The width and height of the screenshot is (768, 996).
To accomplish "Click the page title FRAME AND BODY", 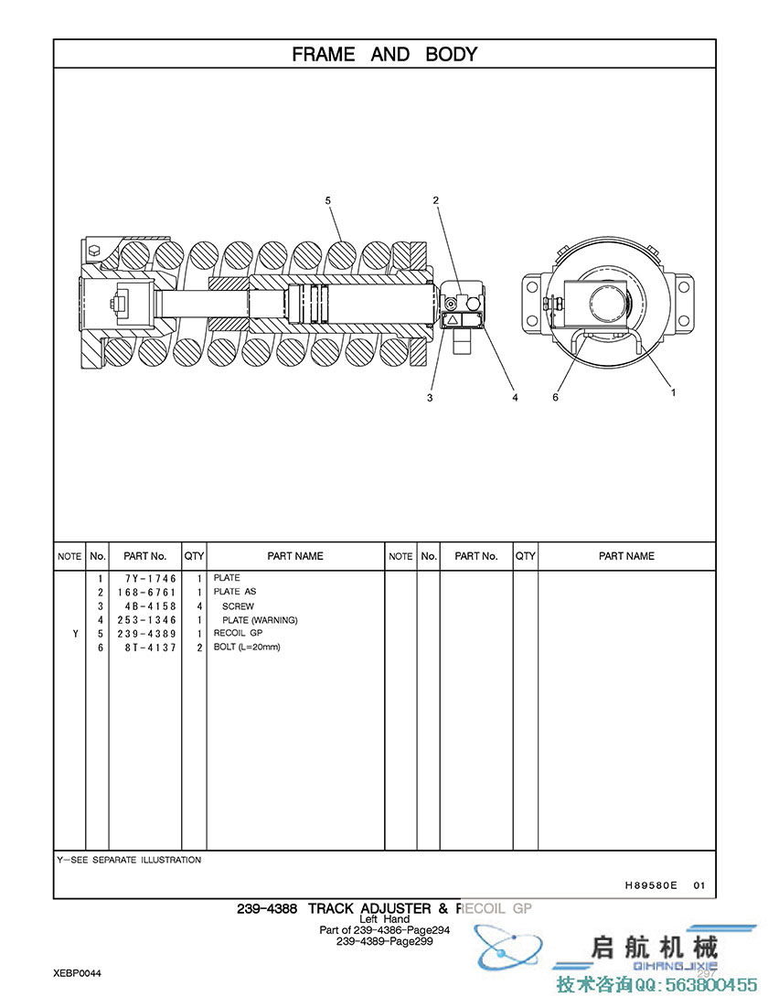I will [x=384, y=54].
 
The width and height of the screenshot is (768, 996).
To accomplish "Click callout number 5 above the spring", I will [x=327, y=199].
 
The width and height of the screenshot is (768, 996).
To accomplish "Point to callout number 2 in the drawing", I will [x=436, y=199].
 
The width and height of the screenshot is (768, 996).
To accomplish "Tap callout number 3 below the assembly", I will [x=430, y=398].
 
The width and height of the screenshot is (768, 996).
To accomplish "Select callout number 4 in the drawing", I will [x=515, y=398].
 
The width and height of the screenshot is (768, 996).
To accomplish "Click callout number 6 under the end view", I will [x=555, y=397].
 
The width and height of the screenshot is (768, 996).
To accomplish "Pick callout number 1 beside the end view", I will [x=674, y=392].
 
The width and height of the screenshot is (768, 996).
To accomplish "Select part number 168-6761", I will [x=146, y=592].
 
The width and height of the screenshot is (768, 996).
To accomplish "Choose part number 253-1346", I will [x=146, y=620].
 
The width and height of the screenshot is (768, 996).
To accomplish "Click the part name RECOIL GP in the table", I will [x=238, y=633].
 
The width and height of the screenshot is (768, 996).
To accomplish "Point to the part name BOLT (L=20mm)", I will [x=247, y=647].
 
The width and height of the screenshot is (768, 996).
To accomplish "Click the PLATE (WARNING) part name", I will [x=260, y=620].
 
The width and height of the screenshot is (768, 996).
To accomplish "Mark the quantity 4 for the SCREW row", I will [x=198, y=606].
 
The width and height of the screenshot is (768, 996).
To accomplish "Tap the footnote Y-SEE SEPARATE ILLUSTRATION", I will [x=129, y=860].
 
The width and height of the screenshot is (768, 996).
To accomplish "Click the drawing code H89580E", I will [x=651, y=884].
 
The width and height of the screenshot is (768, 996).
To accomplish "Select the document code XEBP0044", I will [x=77, y=973].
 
